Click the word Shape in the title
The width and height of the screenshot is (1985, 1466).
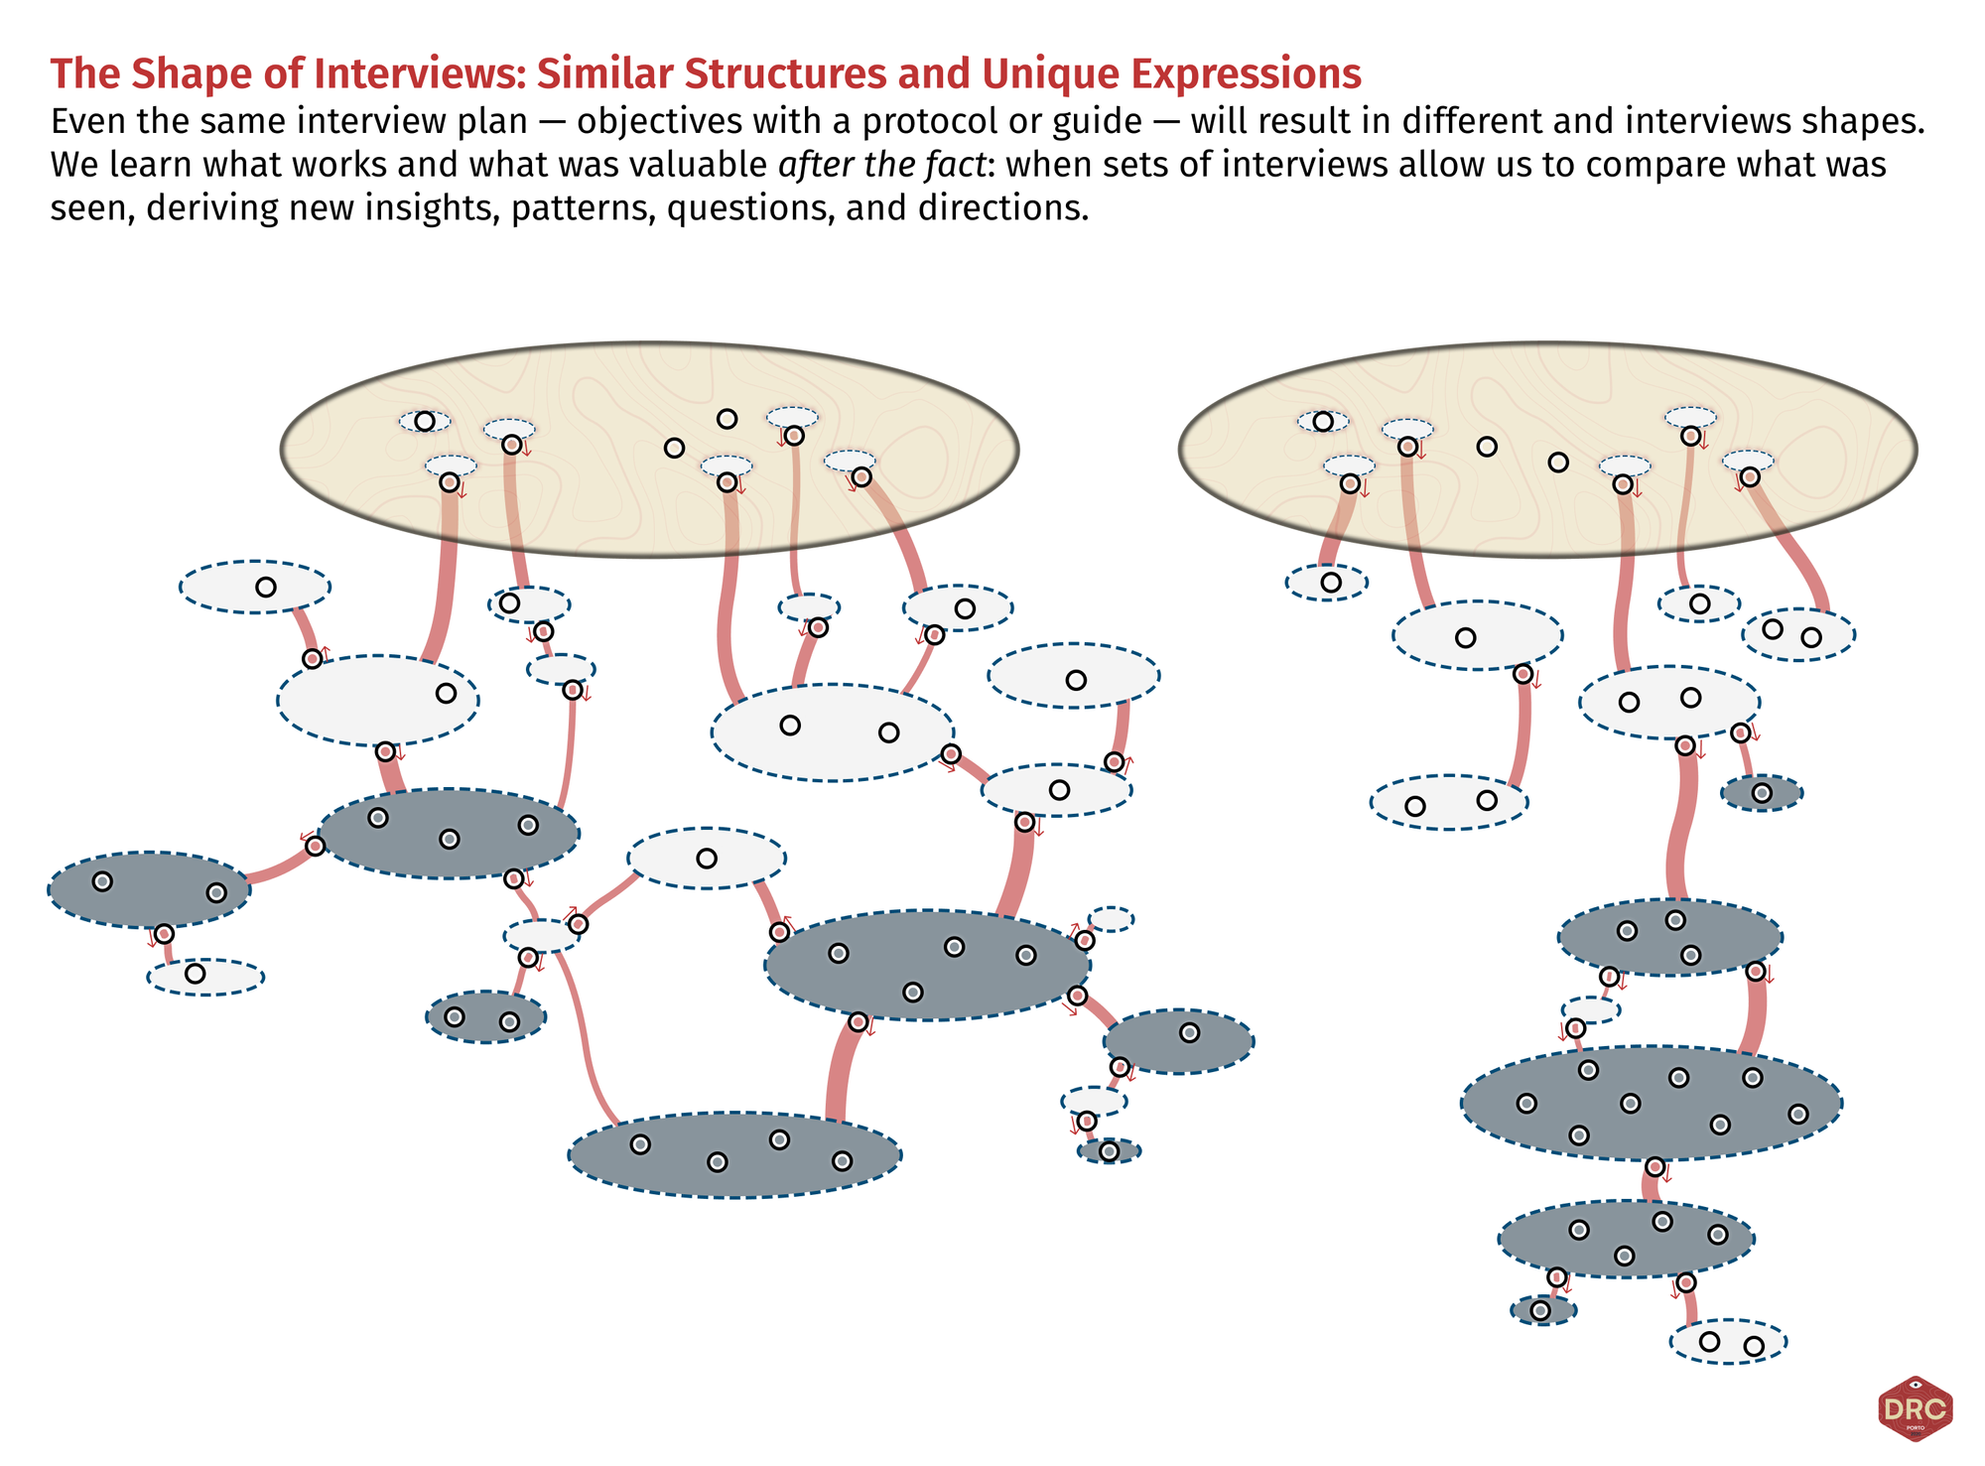point(187,74)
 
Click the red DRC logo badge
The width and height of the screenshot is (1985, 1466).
point(1915,1408)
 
